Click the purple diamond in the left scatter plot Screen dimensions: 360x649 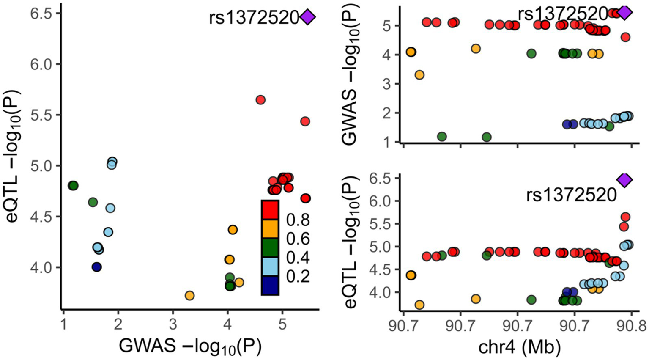pyautogui.click(x=308, y=17)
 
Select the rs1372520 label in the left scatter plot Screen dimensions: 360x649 pyautogui.click(x=254, y=18)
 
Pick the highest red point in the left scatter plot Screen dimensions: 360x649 pyautogui.click(x=260, y=100)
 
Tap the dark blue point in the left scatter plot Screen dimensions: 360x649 pyautogui.click(x=97, y=267)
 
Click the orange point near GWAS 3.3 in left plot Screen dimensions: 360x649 pyautogui.click(x=189, y=295)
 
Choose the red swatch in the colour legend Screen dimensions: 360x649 pyautogui.click(x=270, y=210)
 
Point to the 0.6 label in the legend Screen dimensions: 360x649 pyautogui.click(x=298, y=239)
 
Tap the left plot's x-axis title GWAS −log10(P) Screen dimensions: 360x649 pyautogui.click(x=190, y=346)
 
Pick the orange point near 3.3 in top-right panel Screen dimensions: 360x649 pyautogui.click(x=419, y=75)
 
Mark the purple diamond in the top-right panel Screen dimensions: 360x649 pyautogui.click(x=625, y=13)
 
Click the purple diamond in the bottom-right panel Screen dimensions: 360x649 pyautogui.click(x=624, y=180)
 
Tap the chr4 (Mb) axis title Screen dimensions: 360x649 pyautogui.click(x=520, y=347)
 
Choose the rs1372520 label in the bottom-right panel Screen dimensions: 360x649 pyautogui.click(x=571, y=195)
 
